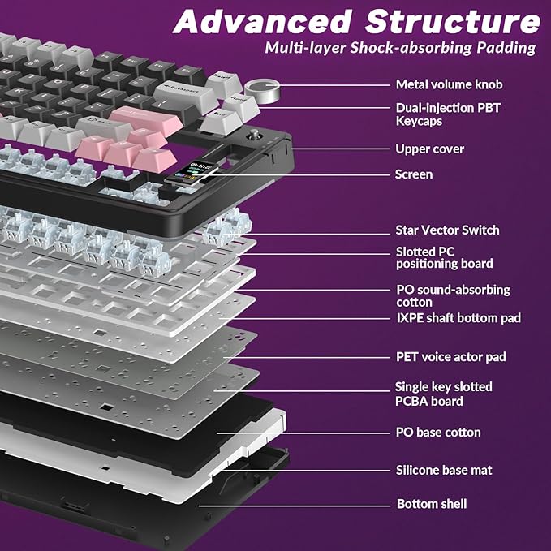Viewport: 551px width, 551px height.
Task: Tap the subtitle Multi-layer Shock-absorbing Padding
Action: point(400,48)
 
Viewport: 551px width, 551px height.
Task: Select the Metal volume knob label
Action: point(449,84)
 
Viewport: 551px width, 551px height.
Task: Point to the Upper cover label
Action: point(429,149)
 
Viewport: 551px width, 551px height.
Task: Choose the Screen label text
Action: point(413,174)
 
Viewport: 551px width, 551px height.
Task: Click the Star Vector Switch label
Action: point(447,230)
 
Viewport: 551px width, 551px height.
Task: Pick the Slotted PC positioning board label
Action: point(443,257)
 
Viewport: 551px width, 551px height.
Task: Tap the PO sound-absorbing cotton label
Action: point(452,295)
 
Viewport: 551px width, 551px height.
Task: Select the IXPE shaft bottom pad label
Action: point(458,318)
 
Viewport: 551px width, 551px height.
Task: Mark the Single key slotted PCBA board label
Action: point(443,394)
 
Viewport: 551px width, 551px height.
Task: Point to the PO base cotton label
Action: point(438,433)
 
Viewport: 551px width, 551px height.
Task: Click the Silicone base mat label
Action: point(444,470)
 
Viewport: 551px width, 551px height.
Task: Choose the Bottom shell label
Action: point(431,504)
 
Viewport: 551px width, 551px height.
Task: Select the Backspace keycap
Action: point(184,87)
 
